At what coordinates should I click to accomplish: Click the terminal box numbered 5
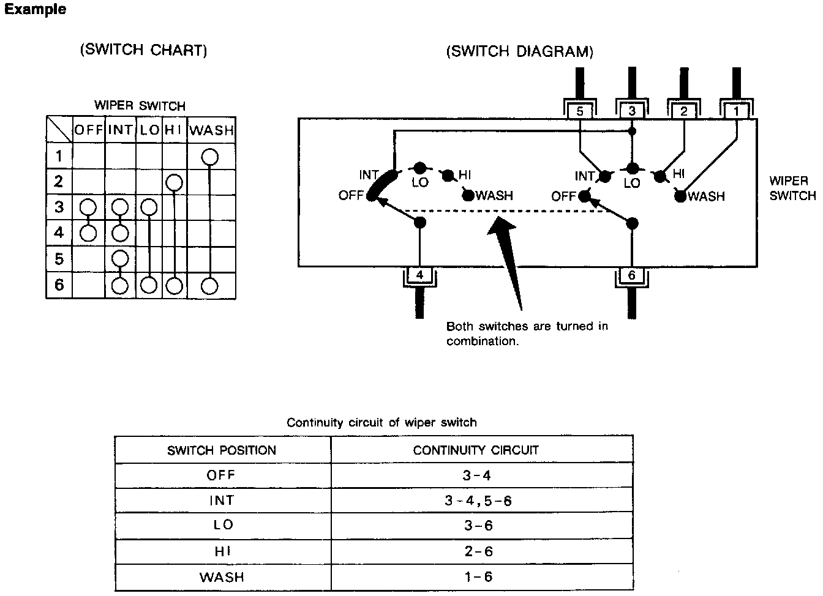click(579, 111)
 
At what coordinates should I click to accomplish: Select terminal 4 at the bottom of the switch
click(419, 275)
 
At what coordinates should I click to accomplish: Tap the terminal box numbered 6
click(632, 275)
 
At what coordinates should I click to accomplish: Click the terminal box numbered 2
click(684, 111)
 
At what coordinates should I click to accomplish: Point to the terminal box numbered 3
click(632, 111)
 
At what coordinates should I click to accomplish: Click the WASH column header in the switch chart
click(211, 130)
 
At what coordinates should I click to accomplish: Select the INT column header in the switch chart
click(120, 130)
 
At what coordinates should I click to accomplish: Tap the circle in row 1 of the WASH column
click(210, 157)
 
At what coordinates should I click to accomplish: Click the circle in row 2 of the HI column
click(175, 182)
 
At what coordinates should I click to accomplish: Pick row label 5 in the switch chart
click(59, 259)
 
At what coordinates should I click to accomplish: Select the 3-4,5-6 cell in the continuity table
click(478, 501)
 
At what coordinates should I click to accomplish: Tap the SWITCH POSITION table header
click(222, 450)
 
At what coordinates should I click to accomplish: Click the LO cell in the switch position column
click(222, 526)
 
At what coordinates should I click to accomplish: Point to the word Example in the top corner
click(36, 10)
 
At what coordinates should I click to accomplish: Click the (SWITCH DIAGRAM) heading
click(520, 51)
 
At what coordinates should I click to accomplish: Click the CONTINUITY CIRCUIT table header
click(476, 450)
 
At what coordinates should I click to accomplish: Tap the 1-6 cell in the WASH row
click(478, 577)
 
